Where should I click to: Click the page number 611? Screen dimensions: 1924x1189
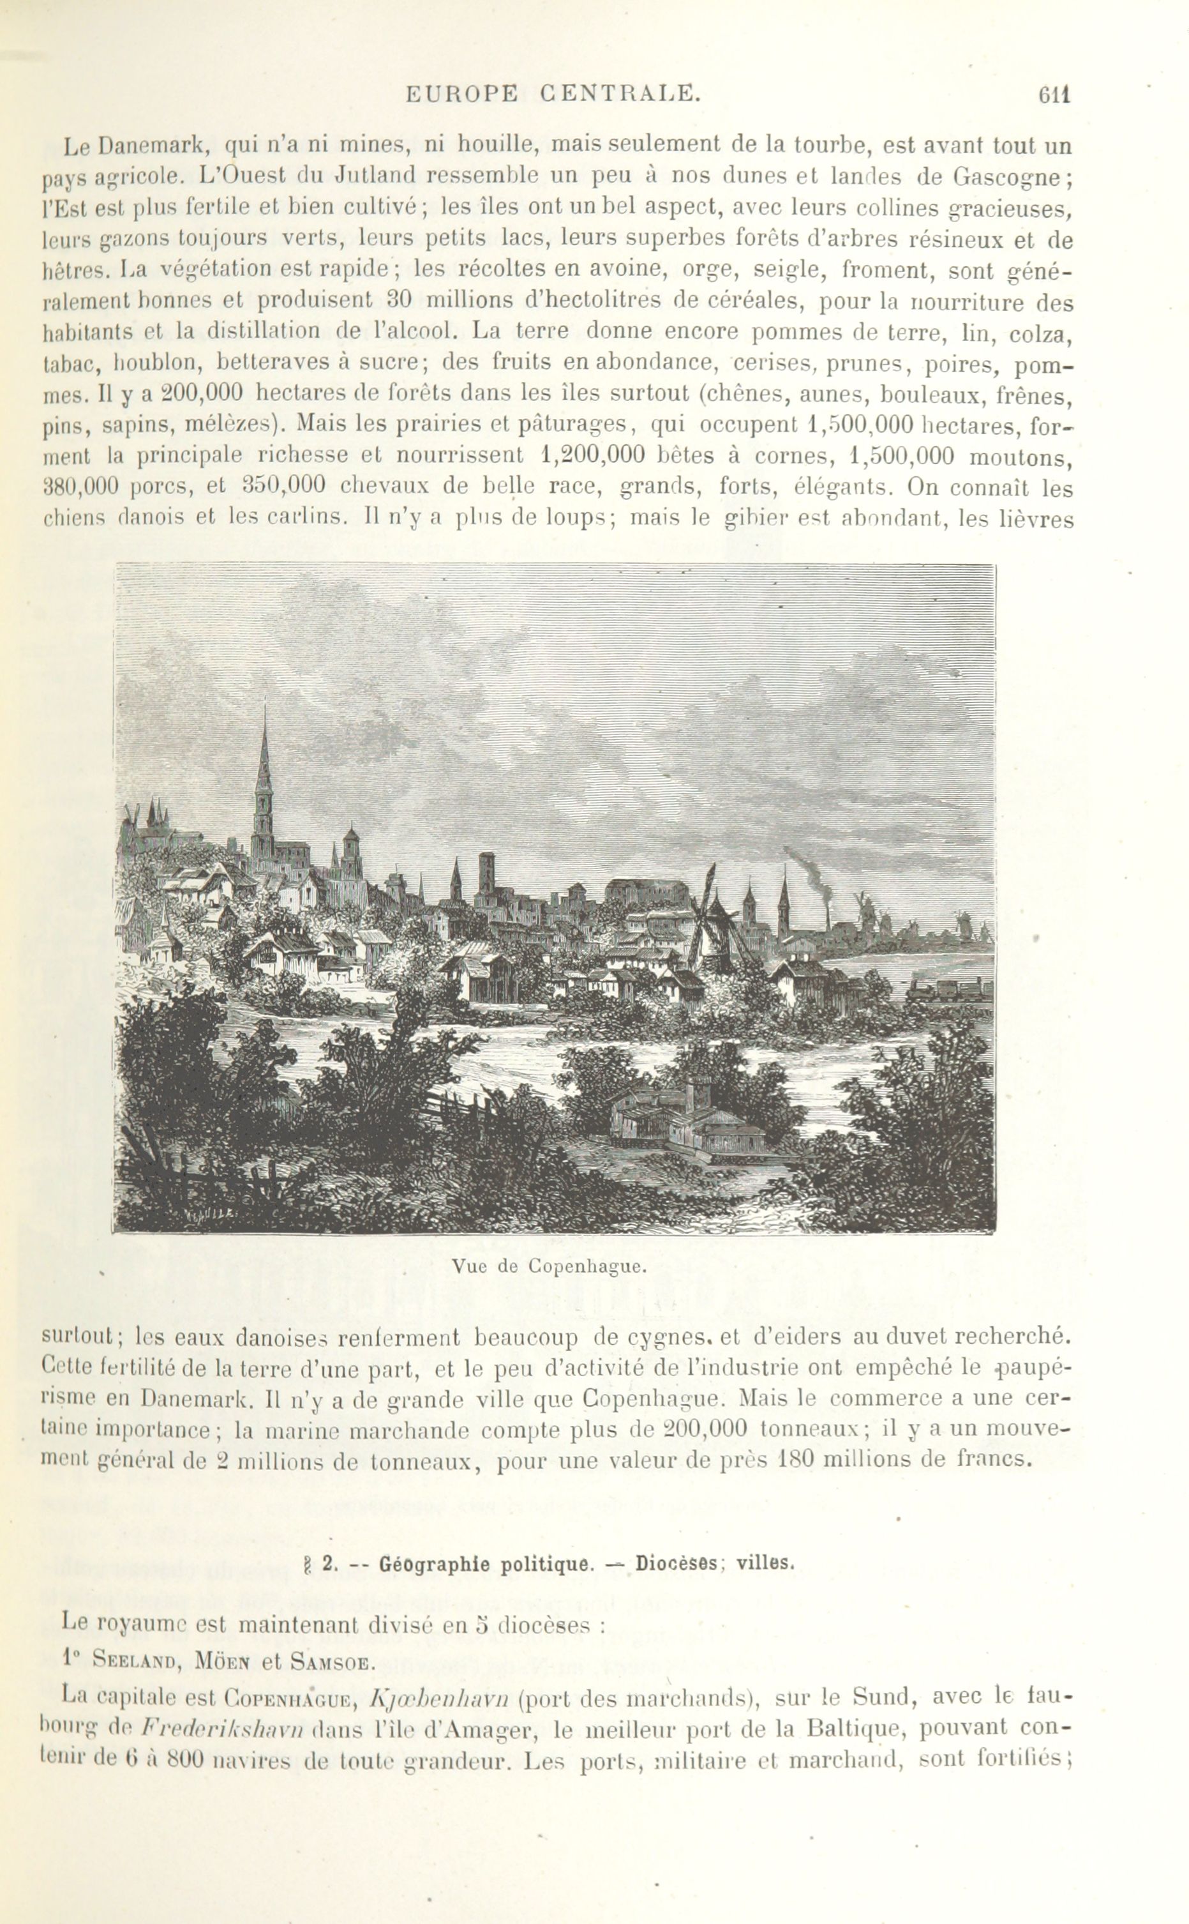(1054, 95)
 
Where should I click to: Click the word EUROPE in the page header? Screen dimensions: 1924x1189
(461, 95)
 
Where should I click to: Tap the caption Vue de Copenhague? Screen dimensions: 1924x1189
(549, 1267)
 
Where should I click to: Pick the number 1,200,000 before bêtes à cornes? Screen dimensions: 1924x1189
(594, 456)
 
